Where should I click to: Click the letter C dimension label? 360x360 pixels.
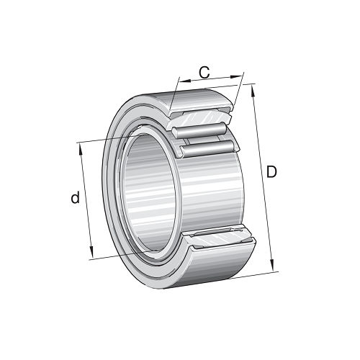204,72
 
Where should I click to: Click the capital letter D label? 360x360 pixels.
271,172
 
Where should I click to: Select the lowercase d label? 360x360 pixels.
74,198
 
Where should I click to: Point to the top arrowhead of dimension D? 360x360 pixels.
253,88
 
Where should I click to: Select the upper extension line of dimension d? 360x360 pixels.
108,138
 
